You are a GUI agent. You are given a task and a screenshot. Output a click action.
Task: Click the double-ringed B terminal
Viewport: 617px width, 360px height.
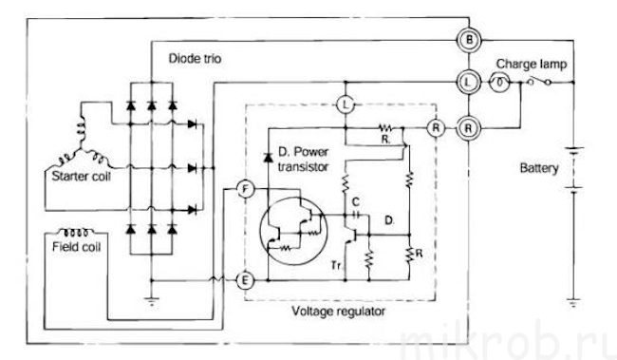click(469, 40)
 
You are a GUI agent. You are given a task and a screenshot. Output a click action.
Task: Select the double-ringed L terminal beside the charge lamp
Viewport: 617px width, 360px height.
click(468, 83)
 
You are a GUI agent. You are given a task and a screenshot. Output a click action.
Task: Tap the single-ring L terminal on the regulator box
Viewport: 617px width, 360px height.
click(346, 104)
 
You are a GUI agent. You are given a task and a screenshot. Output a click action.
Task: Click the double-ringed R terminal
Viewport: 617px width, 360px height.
click(468, 128)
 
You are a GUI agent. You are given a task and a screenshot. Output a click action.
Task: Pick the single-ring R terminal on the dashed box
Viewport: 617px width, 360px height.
click(436, 128)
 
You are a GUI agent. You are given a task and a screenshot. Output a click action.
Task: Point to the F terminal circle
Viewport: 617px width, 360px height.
click(246, 190)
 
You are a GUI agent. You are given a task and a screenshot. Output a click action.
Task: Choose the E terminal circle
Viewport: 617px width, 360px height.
click(245, 280)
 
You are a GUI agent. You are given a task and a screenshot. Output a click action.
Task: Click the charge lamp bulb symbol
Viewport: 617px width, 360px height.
click(499, 83)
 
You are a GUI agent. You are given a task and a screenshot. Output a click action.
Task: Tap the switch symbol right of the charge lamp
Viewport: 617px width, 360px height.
click(538, 82)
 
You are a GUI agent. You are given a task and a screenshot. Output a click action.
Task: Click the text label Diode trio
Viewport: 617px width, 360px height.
click(195, 59)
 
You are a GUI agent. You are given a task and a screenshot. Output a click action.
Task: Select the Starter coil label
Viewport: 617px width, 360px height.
click(81, 176)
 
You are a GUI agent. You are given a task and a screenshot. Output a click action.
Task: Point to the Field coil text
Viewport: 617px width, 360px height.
click(76, 247)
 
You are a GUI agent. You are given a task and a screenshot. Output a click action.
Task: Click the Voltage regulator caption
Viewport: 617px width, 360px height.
click(339, 312)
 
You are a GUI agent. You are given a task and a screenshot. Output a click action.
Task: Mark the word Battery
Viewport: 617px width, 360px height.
click(539, 168)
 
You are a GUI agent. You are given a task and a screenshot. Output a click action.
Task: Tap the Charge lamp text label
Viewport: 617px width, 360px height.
click(532, 64)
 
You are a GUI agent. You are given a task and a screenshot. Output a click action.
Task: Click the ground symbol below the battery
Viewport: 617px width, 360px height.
click(573, 302)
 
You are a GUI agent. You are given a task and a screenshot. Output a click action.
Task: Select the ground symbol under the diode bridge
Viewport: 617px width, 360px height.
click(152, 301)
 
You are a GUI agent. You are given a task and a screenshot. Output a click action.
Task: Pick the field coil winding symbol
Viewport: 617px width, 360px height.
click(77, 232)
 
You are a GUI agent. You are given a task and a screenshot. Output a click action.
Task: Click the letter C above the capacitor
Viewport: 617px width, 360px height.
click(356, 202)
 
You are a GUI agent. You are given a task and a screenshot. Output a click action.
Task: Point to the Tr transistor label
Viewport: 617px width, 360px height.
click(336, 265)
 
